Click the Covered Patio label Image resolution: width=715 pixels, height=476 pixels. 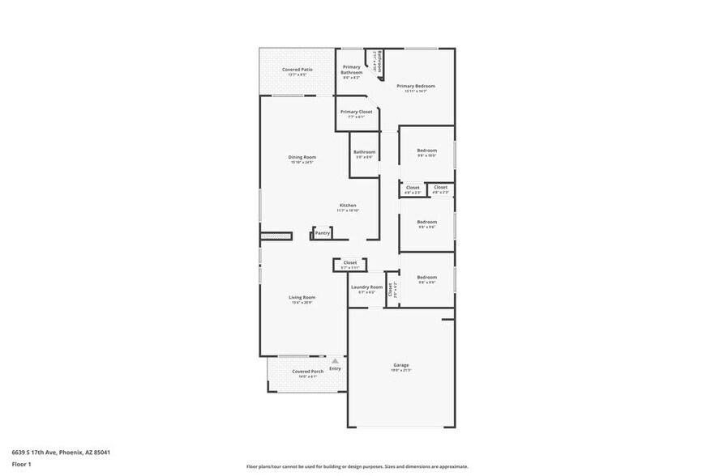point(298,70)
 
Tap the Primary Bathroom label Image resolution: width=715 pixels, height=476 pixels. point(352,70)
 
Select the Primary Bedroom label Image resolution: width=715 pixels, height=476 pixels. point(416,86)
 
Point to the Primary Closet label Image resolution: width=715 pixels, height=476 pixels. point(356,112)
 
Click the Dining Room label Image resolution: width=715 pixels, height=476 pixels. point(302,157)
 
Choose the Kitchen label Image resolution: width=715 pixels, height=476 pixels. point(348,206)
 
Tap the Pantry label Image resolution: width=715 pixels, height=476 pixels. point(323,233)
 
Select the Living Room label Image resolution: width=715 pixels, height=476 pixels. point(302,297)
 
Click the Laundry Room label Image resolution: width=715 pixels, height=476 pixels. point(366,287)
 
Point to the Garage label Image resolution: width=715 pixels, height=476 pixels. point(401,365)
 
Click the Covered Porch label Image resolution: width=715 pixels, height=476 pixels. point(307,372)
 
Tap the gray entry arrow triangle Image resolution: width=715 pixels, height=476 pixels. point(334,361)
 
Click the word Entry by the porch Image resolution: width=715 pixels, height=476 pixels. point(335,369)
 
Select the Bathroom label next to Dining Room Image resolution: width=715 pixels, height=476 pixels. point(364,151)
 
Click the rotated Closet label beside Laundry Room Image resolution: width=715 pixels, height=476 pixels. point(390,287)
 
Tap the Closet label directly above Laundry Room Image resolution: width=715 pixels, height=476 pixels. point(350,262)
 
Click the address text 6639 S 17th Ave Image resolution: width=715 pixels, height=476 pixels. point(61,453)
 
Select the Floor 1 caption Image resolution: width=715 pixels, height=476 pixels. point(21,464)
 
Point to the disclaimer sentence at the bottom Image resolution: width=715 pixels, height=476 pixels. point(357,467)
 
